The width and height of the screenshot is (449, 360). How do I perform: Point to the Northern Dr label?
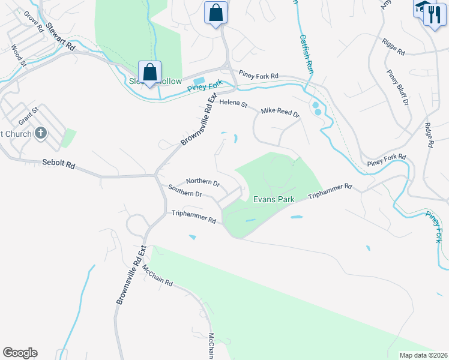tap(203, 181)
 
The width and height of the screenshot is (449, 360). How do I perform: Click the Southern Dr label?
tap(185, 193)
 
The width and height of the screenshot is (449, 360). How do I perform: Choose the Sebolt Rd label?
tap(59, 163)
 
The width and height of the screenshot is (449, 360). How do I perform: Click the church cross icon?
tap(41, 133)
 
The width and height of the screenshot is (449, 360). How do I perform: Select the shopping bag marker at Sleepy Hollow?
tap(150, 73)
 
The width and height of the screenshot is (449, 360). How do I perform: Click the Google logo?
tap(20, 353)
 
